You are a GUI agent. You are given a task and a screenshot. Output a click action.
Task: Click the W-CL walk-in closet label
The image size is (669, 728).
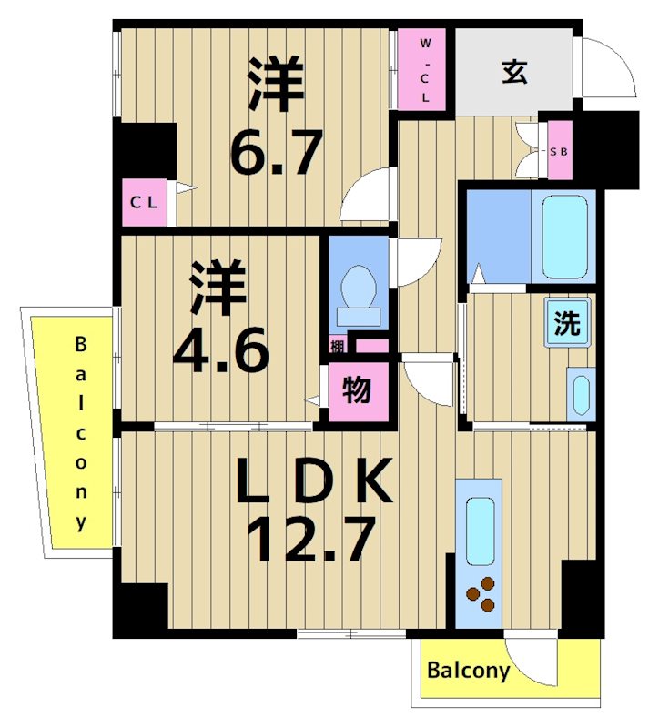click(425, 70)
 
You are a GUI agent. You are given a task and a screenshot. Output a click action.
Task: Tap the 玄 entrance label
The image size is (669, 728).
click(514, 72)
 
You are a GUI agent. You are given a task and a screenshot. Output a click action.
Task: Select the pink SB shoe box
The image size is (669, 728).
click(559, 151)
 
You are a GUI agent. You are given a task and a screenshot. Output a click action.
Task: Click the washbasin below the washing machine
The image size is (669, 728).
click(580, 392)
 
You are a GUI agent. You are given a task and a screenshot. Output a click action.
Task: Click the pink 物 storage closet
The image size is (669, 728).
click(356, 390)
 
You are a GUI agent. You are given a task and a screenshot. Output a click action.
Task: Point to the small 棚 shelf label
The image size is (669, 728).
click(337, 345)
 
